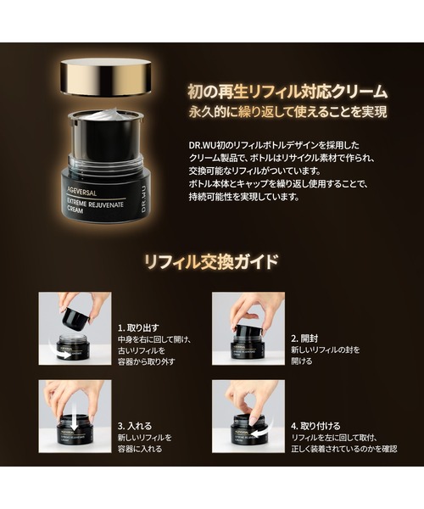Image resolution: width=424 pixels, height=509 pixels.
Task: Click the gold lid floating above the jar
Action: pyautogui.click(x=107, y=77)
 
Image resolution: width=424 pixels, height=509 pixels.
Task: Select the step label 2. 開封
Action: pyautogui.click(x=307, y=337)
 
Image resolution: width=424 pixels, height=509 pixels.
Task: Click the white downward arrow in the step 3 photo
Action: pyautogui.click(x=75, y=418)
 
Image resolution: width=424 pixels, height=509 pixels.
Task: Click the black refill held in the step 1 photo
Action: pyautogui.click(x=75, y=317)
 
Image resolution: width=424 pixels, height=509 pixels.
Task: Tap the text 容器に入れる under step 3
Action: pyautogui.click(x=144, y=450)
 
